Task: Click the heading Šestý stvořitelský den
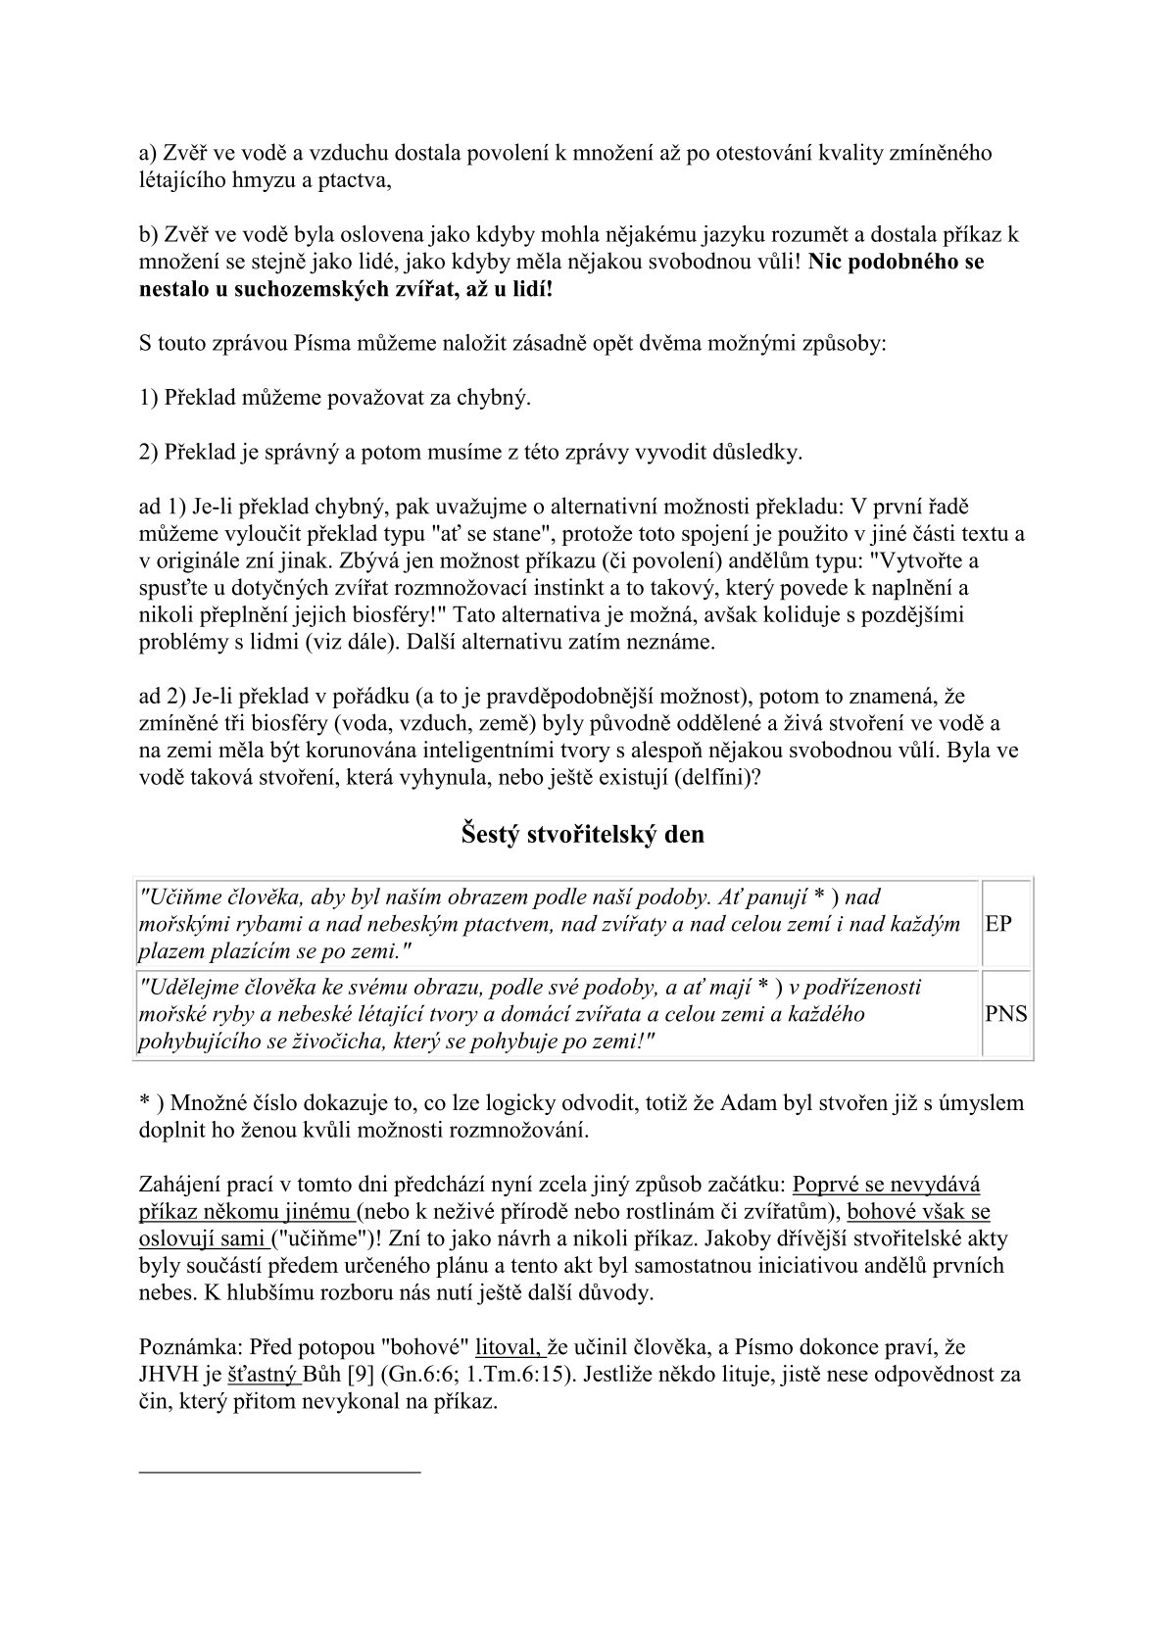tap(582, 835)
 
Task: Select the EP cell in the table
tap(998, 923)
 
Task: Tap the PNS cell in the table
tap(1006, 1014)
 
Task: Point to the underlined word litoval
tap(509, 1347)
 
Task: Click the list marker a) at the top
tap(148, 153)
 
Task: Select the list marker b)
tap(148, 235)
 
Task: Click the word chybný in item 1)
tap(497, 399)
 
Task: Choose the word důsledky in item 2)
tap(755, 453)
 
